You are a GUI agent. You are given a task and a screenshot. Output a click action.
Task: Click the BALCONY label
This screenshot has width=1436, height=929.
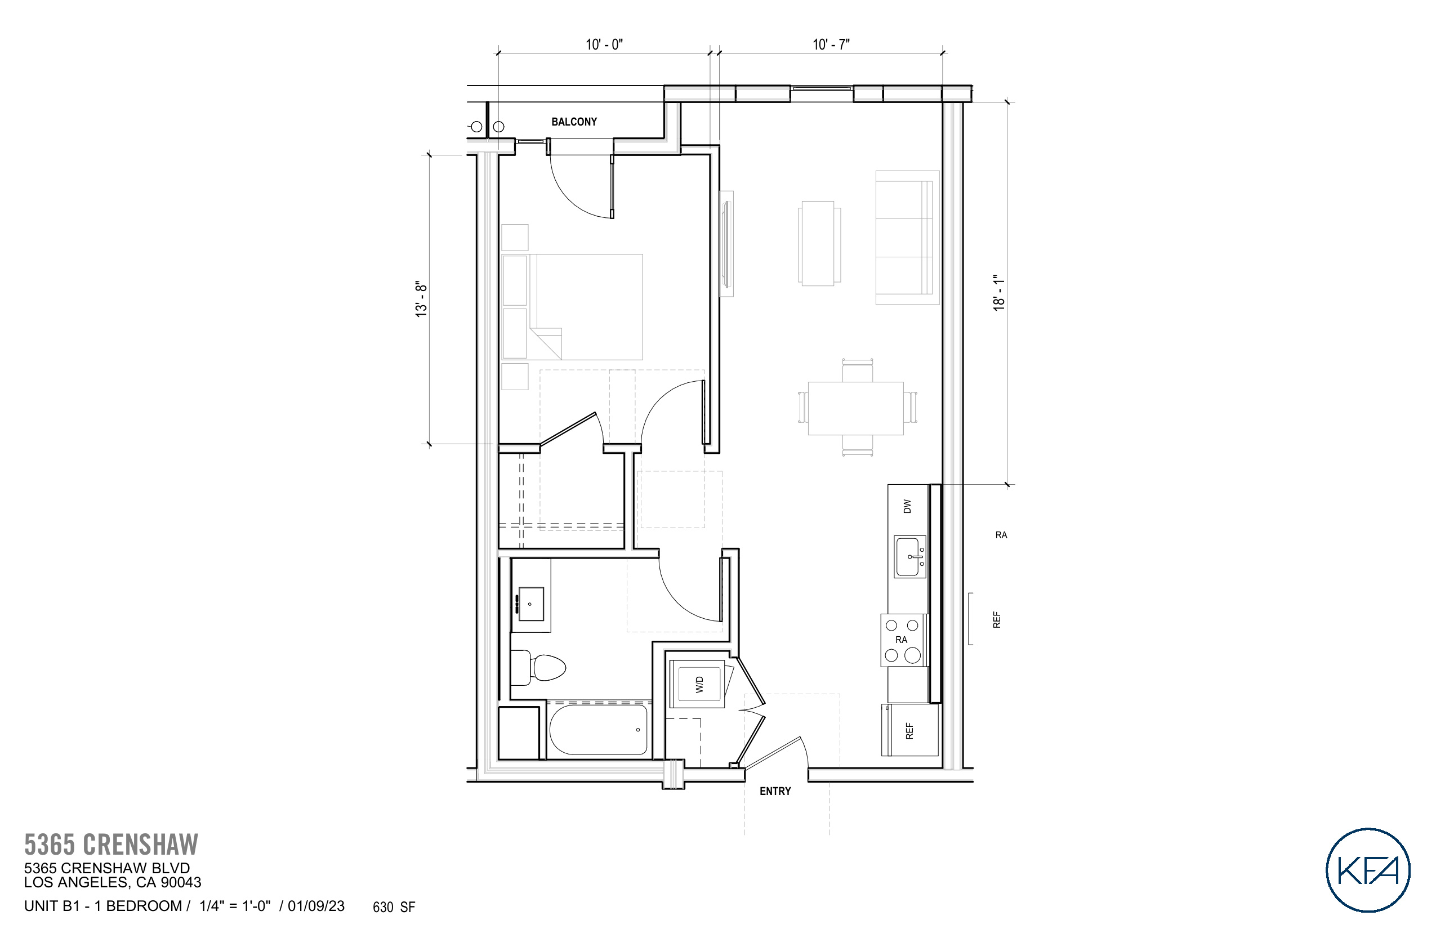[x=574, y=122]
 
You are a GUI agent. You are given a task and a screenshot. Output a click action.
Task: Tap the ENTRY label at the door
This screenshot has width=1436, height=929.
[x=775, y=791]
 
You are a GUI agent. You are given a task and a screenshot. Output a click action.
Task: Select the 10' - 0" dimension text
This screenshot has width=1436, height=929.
[x=604, y=44]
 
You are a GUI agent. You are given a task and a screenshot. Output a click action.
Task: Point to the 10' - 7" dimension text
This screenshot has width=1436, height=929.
[x=831, y=44]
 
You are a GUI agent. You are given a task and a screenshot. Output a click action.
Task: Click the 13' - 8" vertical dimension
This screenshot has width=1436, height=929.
[x=421, y=298]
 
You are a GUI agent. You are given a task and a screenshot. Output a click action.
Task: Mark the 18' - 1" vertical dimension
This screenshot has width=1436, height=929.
[x=999, y=293]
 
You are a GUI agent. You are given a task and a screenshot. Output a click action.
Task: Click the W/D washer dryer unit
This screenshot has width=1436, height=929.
[x=699, y=684]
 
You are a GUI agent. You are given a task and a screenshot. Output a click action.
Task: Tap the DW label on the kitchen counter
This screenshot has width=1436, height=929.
[x=907, y=506]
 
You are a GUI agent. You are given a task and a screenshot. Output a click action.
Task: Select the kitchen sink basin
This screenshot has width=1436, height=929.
[x=909, y=557]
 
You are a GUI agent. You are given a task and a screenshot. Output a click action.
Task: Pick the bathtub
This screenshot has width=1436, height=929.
[x=598, y=730]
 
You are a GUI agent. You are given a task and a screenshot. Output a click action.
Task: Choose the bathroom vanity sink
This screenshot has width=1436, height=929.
[x=531, y=604]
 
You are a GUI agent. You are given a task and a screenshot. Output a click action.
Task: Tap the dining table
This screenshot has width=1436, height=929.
[x=855, y=408]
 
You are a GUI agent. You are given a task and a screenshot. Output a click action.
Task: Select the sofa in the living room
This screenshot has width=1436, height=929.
[x=907, y=238]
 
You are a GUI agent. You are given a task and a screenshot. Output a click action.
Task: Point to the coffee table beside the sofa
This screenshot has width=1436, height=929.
[x=819, y=243]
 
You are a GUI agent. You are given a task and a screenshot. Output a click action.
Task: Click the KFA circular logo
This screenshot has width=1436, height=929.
[x=1367, y=869]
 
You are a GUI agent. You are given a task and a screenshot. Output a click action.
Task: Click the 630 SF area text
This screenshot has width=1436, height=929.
[x=394, y=907]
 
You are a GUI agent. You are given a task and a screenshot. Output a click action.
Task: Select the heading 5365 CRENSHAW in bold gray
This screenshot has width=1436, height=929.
[x=111, y=845]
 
